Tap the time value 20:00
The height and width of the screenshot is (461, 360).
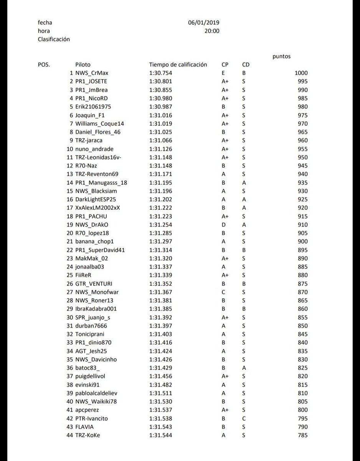(x=212, y=31)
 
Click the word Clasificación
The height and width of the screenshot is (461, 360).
(x=54, y=39)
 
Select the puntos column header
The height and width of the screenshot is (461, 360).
(x=281, y=56)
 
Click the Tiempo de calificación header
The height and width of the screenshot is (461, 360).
(x=178, y=65)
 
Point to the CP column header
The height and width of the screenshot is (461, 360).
(x=225, y=65)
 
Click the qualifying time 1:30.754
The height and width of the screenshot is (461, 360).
(x=160, y=73)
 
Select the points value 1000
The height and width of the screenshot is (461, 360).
(x=301, y=73)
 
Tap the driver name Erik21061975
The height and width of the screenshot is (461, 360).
(x=93, y=107)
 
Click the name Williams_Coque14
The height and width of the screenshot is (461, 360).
(x=99, y=124)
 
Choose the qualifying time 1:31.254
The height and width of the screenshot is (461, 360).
(x=160, y=225)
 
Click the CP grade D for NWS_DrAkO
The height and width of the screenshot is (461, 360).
(x=223, y=225)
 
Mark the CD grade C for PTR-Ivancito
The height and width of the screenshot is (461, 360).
(x=244, y=418)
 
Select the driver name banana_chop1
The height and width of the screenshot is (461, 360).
(x=94, y=241)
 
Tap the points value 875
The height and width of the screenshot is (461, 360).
(x=302, y=284)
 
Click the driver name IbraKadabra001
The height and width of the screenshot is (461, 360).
(x=96, y=309)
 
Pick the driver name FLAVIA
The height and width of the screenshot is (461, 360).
(x=85, y=427)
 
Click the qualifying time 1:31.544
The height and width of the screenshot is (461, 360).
(x=160, y=435)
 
